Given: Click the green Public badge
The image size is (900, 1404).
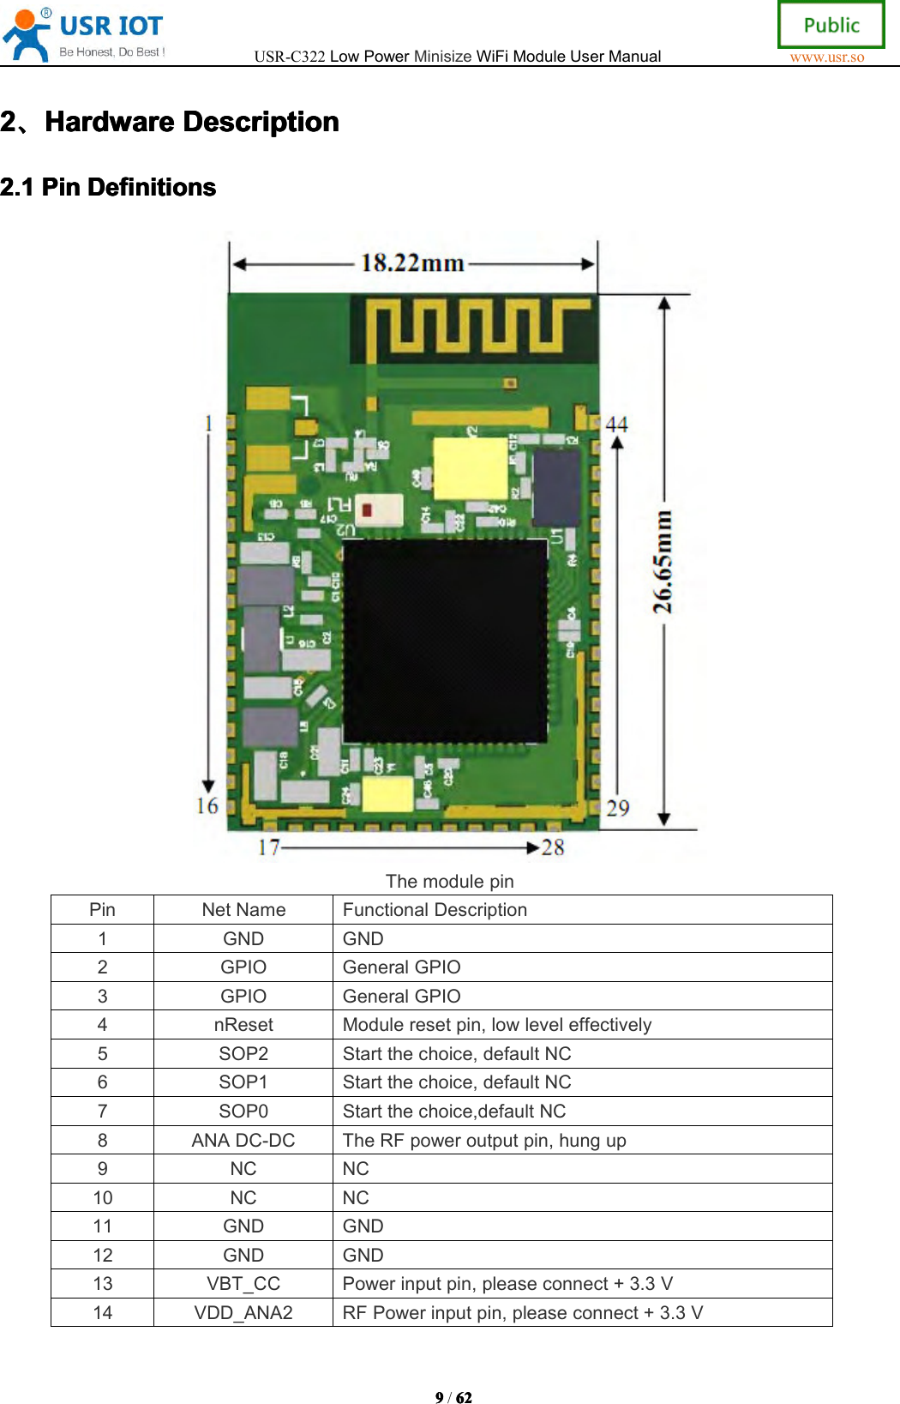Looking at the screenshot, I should pyautogui.click(x=831, y=25).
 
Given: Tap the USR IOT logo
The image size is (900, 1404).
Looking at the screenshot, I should pyautogui.click(x=85, y=34).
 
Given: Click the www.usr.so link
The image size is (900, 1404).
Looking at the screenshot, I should pyautogui.click(x=826, y=57).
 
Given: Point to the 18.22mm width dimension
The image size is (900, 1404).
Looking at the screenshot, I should pyautogui.click(x=412, y=262).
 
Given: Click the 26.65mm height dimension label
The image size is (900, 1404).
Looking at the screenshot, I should pyautogui.click(x=663, y=562).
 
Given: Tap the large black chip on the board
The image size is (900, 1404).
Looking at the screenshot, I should pyautogui.click(x=445, y=640).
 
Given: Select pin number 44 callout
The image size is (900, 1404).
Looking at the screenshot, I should pyautogui.click(x=616, y=425).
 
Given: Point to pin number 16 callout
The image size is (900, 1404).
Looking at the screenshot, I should pyautogui.click(x=207, y=805).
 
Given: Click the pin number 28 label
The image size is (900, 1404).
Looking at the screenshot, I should pyautogui.click(x=553, y=847).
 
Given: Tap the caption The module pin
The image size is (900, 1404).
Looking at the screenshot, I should pyautogui.click(x=449, y=881).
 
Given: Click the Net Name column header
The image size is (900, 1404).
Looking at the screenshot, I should pyautogui.click(x=243, y=910).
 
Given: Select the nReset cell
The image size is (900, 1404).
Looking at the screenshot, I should pyautogui.click(x=243, y=1025).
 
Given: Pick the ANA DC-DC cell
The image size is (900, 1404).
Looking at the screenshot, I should pyautogui.click(x=243, y=1141).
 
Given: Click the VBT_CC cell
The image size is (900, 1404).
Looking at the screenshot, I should pyautogui.click(x=243, y=1284).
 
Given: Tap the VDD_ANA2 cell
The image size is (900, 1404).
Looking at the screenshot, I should pyautogui.click(x=243, y=1313).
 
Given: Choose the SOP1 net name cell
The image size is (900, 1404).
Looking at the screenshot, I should pyautogui.click(x=243, y=1082).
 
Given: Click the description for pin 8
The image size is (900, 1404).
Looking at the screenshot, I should pyautogui.click(x=484, y=1141).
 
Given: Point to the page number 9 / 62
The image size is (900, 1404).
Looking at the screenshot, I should pyautogui.click(x=453, y=1397).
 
